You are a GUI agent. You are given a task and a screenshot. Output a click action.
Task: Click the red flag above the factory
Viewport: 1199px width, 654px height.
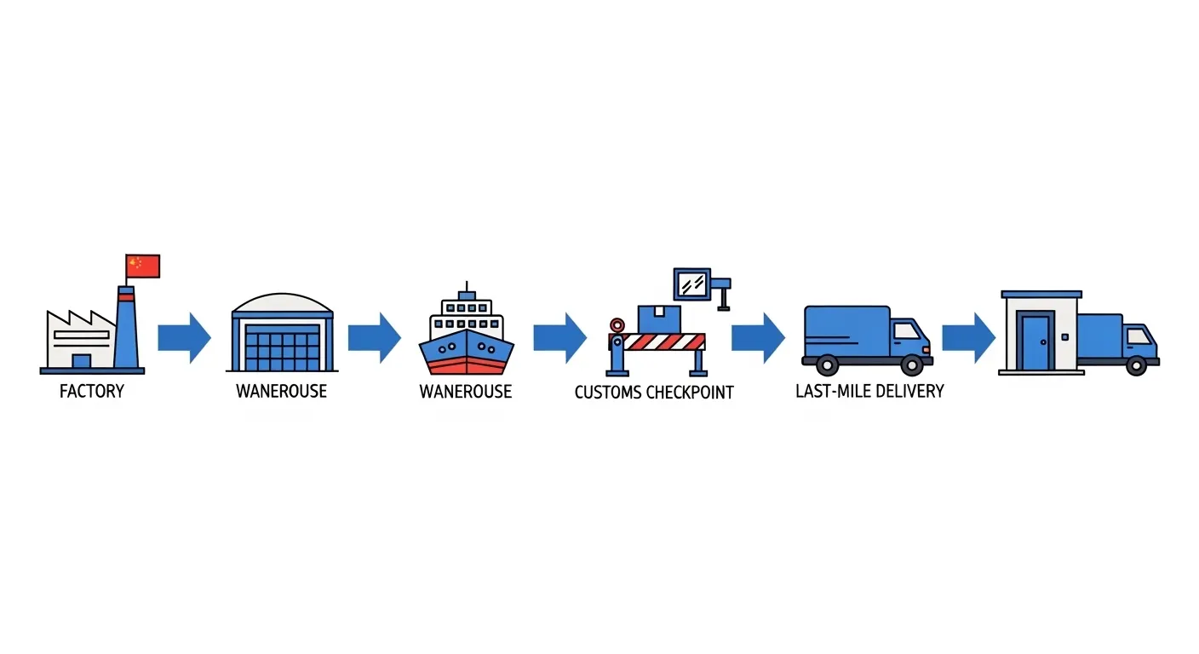(143, 266)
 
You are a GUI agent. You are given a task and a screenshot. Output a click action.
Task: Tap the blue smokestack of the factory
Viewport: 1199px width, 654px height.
(126, 332)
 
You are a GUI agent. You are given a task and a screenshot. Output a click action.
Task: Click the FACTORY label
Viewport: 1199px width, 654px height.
(92, 392)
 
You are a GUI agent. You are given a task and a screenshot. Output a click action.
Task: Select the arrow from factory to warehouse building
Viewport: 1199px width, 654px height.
(184, 338)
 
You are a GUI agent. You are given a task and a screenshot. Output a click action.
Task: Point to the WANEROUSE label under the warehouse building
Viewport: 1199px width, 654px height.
(281, 392)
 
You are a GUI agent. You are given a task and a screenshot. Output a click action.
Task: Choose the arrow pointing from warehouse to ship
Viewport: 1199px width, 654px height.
(374, 338)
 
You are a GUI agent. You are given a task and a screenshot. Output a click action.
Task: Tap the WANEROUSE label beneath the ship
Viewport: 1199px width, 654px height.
(466, 392)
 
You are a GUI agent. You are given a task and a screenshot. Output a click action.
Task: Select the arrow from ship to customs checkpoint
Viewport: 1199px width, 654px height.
(559, 338)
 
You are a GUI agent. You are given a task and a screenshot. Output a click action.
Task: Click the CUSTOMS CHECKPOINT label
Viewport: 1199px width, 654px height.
(654, 393)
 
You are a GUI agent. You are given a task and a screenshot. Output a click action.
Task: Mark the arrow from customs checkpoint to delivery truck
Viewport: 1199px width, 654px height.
(758, 338)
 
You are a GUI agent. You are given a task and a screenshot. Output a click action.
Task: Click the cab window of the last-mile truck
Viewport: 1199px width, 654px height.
(907, 330)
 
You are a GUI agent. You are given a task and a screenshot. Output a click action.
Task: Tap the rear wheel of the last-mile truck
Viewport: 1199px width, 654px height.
(827, 365)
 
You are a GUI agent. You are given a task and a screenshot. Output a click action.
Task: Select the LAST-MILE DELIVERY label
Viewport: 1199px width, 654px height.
(869, 392)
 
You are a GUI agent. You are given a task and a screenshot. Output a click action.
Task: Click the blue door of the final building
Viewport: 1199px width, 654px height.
(1035, 341)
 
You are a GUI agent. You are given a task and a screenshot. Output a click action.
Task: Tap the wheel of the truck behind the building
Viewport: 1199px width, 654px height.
(1136, 365)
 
